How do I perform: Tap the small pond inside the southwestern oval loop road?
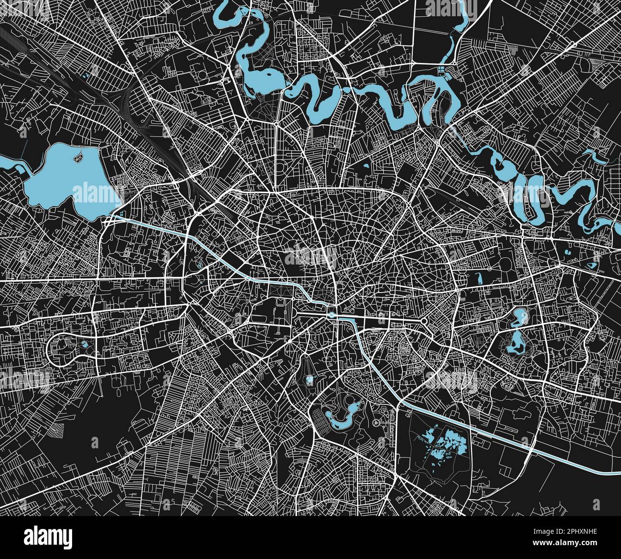85,344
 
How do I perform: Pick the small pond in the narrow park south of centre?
310,380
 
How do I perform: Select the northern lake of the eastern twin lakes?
519,316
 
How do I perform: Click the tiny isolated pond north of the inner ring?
366,166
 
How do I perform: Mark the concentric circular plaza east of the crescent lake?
377,423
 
